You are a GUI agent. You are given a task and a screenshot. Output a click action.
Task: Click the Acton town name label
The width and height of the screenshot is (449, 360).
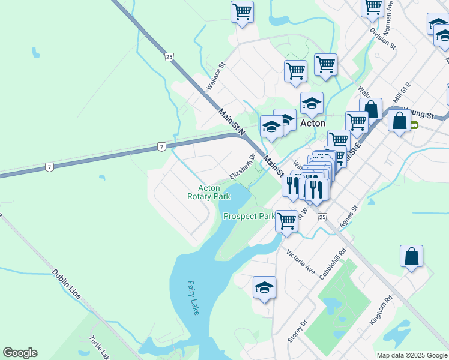(x=312, y=123)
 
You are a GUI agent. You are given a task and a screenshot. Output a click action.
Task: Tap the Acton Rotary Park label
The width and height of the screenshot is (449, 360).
(x=208, y=192)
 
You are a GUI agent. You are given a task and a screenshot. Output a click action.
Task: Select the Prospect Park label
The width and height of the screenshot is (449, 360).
(x=249, y=216)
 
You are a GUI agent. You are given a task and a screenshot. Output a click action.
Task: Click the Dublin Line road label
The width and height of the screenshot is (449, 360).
(x=66, y=284)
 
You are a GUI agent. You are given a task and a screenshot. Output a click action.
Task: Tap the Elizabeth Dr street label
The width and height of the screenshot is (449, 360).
(x=243, y=166)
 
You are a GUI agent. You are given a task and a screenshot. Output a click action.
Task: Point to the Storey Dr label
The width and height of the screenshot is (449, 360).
(x=297, y=331)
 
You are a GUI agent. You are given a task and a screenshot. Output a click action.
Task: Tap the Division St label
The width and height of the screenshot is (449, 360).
(x=382, y=37)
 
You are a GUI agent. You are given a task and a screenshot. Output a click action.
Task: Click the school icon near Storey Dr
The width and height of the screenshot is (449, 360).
(x=264, y=288)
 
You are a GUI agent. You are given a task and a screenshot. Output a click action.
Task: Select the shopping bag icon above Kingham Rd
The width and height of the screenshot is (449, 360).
(x=412, y=256)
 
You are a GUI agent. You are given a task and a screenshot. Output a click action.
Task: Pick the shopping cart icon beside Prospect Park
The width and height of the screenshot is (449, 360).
(x=286, y=220)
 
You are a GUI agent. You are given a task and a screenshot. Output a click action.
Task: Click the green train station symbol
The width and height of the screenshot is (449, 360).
(x=414, y=125)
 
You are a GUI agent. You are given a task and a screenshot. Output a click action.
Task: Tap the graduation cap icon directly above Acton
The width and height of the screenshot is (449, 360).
(x=312, y=103)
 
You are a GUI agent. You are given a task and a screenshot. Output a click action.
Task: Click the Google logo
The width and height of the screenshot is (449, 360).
(x=20, y=353)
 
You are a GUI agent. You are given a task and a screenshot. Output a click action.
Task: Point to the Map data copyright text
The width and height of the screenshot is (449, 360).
(x=411, y=355)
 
